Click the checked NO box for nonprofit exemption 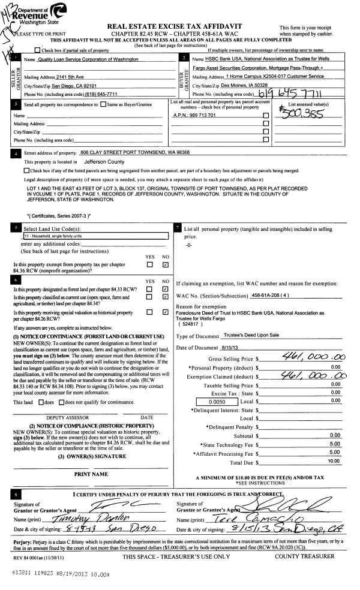pos(165,264)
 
